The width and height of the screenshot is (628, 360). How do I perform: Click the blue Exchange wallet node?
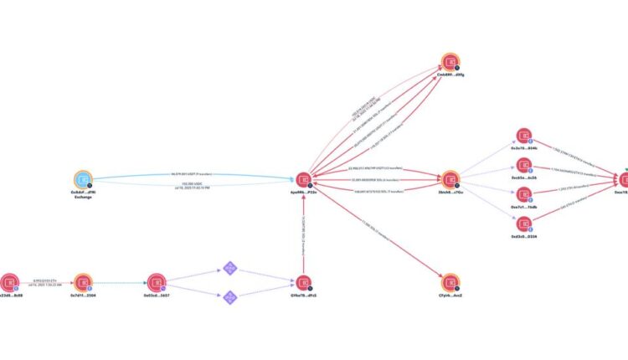[x=82, y=179]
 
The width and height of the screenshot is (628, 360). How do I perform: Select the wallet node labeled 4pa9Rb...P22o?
[x=303, y=179]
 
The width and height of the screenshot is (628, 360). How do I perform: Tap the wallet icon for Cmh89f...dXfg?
[x=451, y=63]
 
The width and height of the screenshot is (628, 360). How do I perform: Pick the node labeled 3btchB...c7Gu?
[x=451, y=179]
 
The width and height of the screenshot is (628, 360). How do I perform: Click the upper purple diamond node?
[x=230, y=268]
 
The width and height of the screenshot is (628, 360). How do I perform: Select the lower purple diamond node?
[x=230, y=296]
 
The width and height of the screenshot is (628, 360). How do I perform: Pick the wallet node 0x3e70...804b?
[x=524, y=136]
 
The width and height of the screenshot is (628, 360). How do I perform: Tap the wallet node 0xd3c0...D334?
[x=524, y=224]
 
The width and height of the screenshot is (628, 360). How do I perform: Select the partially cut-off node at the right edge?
[x=624, y=179]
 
